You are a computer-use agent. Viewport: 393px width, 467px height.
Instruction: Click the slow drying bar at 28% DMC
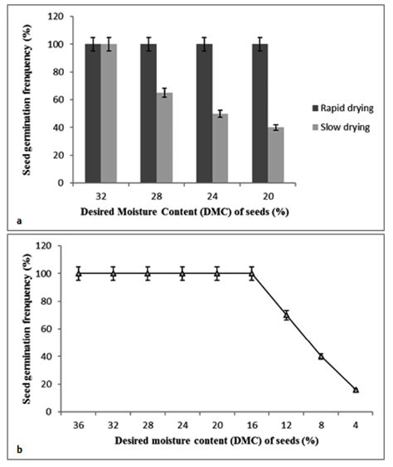point(166,137)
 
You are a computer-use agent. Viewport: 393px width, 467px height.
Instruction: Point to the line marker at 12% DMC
point(286,315)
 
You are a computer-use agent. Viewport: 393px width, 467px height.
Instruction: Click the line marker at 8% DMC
point(321,356)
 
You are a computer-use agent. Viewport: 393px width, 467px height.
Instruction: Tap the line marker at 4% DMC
point(356,389)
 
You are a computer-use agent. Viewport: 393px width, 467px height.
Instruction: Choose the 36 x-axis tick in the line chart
point(79,426)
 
